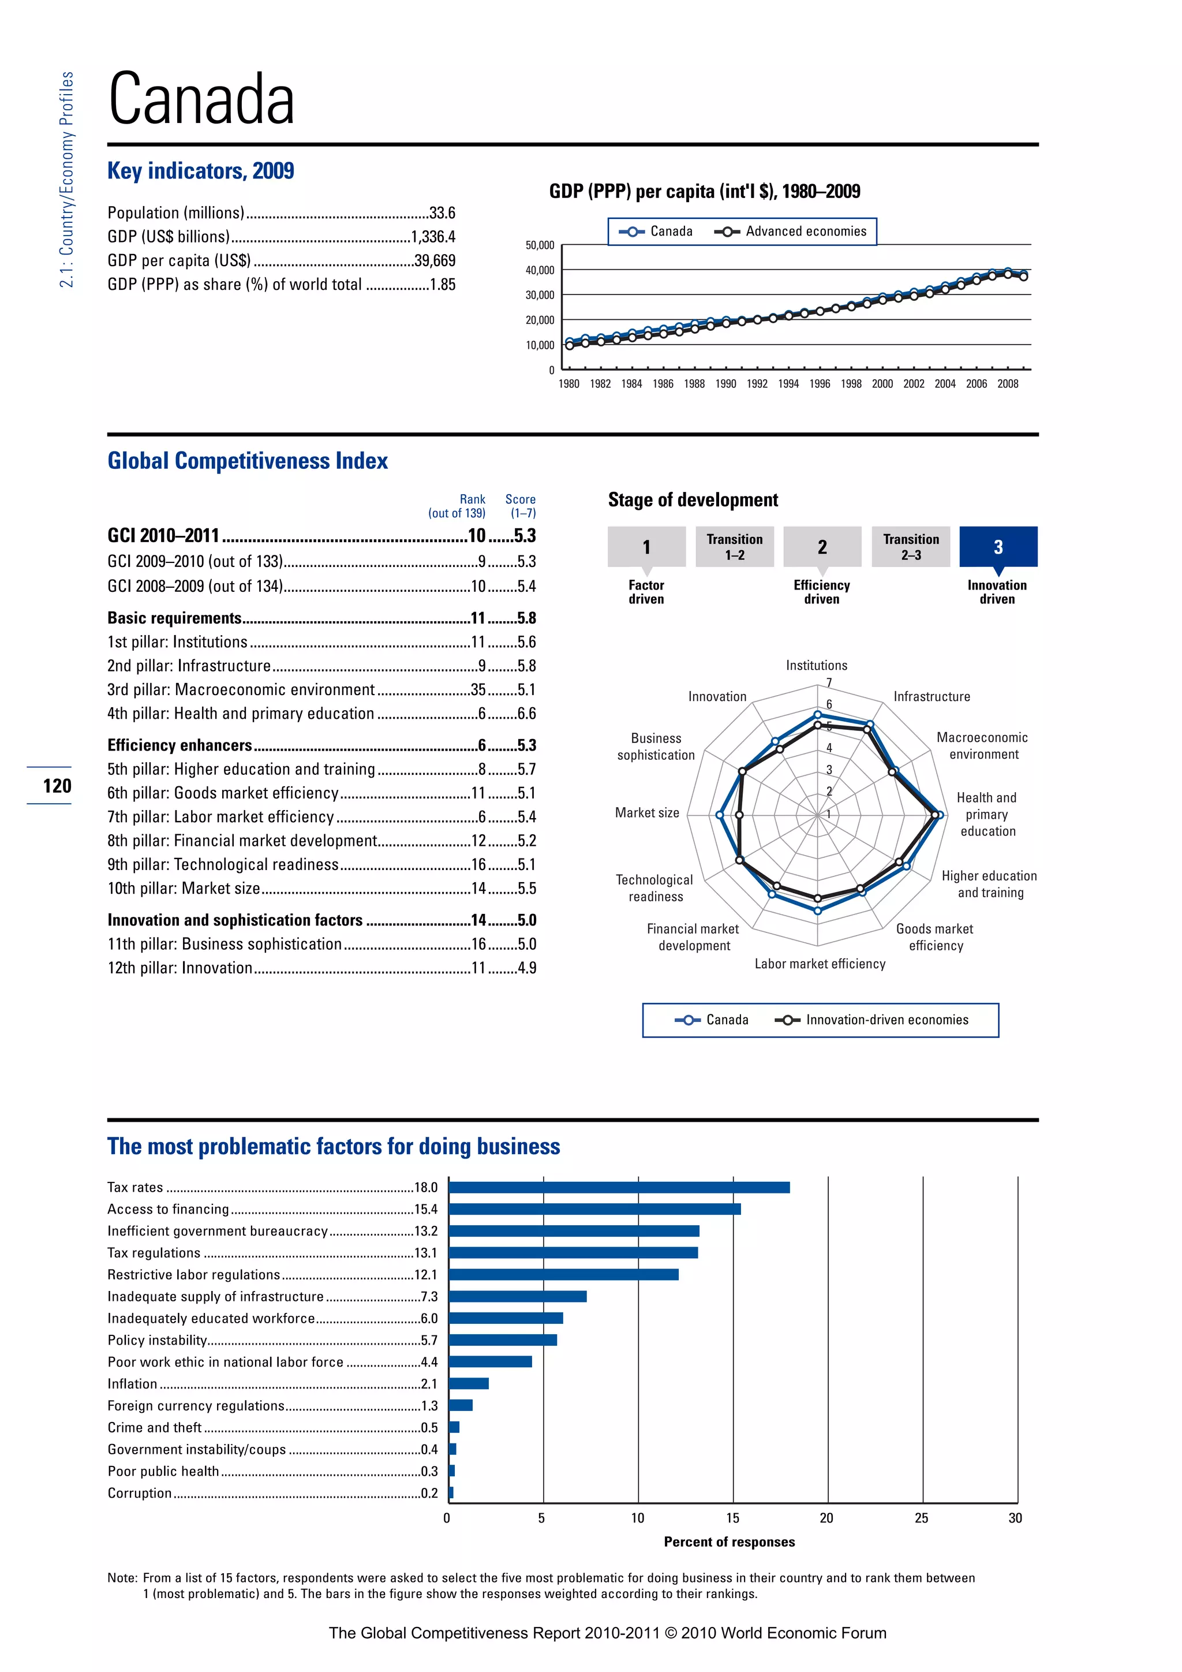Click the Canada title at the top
(x=201, y=99)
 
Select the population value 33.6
(x=442, y=212)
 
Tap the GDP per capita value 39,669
(x=435, y=261)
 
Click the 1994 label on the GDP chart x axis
(x=788, y=384)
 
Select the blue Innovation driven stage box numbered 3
(x=998, y=547)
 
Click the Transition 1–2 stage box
(x=734, y=547)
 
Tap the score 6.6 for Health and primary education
(x=526, y=714)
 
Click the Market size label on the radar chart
(x=647, y=813)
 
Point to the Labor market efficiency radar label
(x=820, y=964)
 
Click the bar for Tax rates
(x=619, y=1187)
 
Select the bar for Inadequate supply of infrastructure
(x=518, y=1296)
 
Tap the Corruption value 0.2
(x=429, y=1493)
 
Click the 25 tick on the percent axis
(x=922, y=1518)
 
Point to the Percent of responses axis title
(x=730, y=1542)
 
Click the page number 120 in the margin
(x=57, y=786)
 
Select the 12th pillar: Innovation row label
(x=179, y=968)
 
